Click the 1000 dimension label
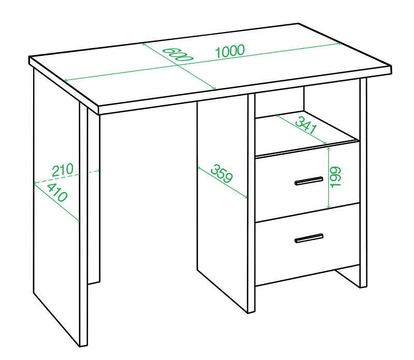[x=230, y=51]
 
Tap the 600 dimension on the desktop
[x=178, y=55]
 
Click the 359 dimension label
[x=222, y=174]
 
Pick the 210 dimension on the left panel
[x=62, y=170]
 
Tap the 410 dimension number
[x=57, y=192]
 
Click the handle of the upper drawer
[x=308, y=181]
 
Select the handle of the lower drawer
[x=308, y=238]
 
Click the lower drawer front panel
[x=307, y=244]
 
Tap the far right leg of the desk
[x=363, y=183]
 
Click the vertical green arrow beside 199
[x=329, y=177]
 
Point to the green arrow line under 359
[x=223, y=182]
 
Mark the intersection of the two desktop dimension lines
[x=180, y=65]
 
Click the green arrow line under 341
[x=301, y=129]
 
